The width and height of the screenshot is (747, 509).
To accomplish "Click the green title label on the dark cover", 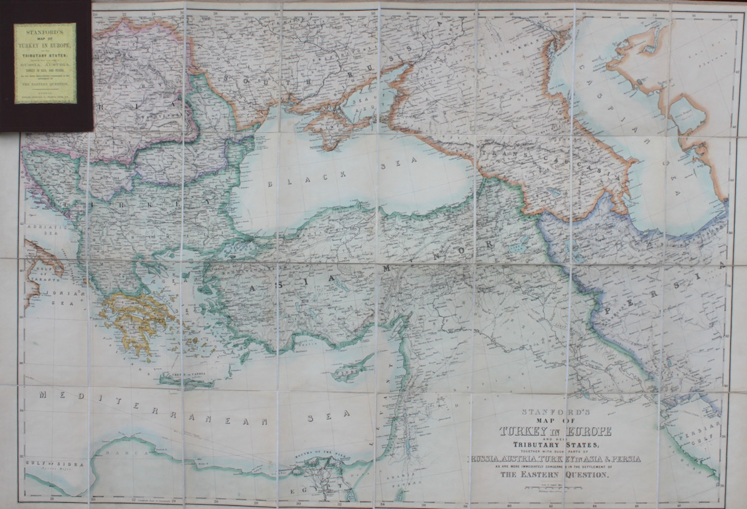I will pos(45,63).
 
